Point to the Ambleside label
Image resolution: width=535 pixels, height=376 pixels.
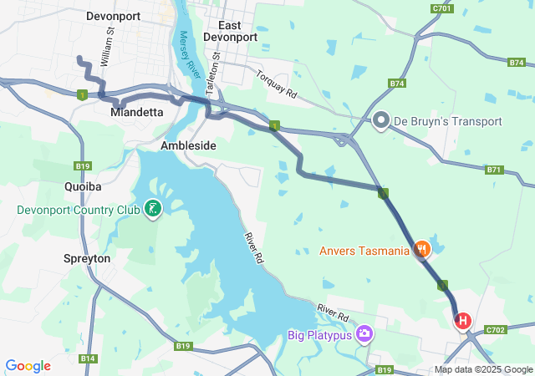188,145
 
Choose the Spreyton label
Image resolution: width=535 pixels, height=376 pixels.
87,259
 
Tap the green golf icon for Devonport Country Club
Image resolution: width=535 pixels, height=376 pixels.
153,209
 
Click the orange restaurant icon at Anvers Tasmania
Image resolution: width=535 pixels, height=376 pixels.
422,249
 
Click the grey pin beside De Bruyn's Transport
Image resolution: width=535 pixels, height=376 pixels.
381,121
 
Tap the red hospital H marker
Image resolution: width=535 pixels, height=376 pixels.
462,321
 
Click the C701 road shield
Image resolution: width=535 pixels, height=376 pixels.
443,8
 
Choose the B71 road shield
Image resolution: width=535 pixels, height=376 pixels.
495,170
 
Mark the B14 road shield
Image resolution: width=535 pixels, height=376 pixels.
88,358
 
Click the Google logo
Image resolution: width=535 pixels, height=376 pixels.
28,366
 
